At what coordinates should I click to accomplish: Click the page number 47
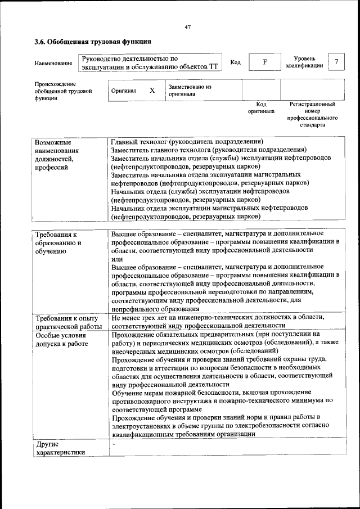[187, 26]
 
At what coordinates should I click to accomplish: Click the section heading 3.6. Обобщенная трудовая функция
[92, 42]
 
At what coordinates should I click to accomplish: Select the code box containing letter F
[264, 62]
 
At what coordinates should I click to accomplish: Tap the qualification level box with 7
[336, 62]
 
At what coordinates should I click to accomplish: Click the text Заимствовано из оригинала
[189, 91]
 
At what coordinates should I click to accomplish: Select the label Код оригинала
[261, 107]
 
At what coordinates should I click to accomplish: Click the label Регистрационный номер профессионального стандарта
[312, 115]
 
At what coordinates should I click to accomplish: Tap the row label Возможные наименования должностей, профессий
[56, 155]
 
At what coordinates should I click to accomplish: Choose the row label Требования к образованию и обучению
[58, 242]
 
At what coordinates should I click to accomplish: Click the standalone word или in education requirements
[116, 259]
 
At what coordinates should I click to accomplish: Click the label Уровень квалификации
[304, 62]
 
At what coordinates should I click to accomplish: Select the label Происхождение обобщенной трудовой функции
[62, 91]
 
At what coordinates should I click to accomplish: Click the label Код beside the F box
[236, 62]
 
